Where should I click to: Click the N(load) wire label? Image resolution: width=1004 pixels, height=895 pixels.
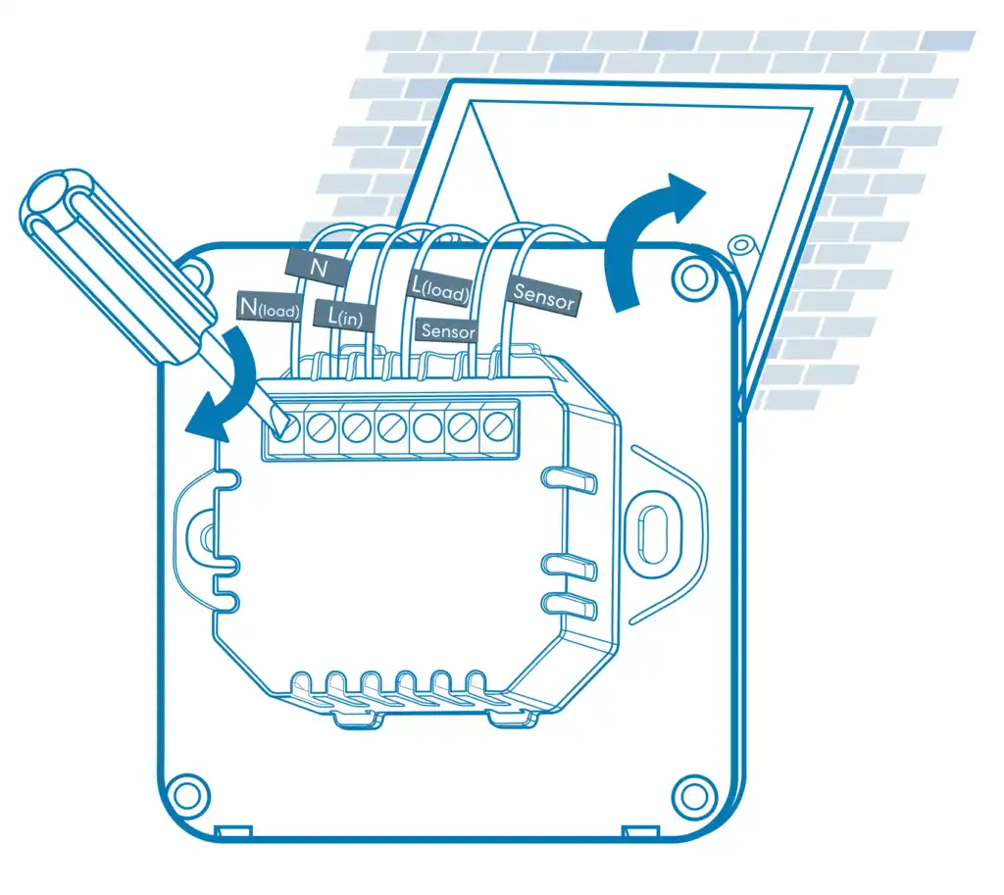pyautogui.click(x=269, y=308)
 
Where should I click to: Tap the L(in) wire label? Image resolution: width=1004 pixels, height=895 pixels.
pyautogui.click(x=344, y=315)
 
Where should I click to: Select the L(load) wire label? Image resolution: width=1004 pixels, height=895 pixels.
pyautogui.click(x=440, y=289)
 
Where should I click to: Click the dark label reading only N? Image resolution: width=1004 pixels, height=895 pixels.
pyautogui.click(x=318, y=267)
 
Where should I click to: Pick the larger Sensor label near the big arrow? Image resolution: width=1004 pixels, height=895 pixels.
pyautogui.click(x=543, y=296)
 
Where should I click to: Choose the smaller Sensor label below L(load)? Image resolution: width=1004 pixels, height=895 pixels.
pyautogui.click(x=447, y=331)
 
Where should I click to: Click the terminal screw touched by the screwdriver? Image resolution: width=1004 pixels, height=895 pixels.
pyautogui.click(x=285, y=426)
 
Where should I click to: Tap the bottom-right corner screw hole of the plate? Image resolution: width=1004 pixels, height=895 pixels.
pyautogui.click(x=693, y=796)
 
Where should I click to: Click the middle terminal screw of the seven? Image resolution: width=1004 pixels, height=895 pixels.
pyautogui.click(x=391, y=426)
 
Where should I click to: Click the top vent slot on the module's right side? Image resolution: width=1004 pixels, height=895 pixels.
pyautogui.click(x=570, y=479)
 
